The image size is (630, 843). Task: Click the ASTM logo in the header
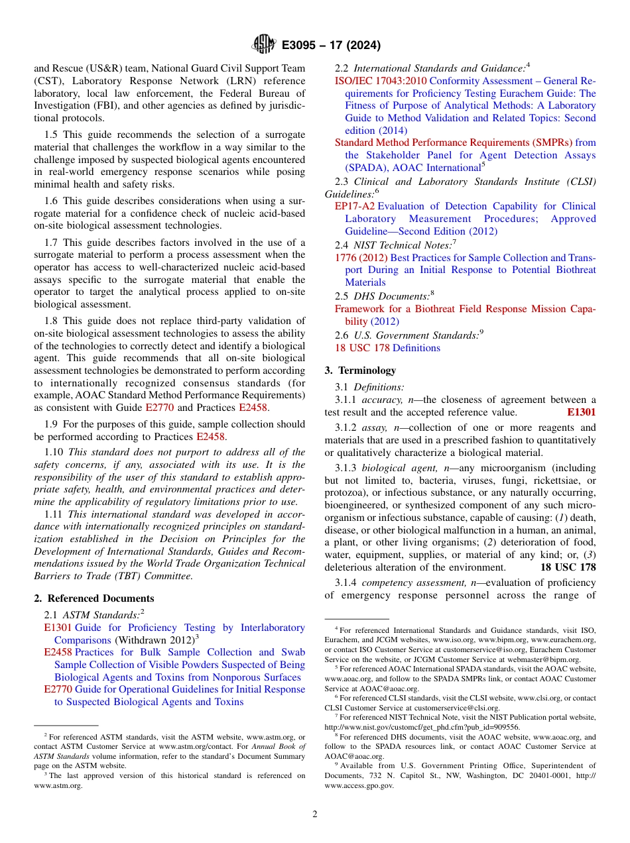pyautogui.click(x=264, y=45)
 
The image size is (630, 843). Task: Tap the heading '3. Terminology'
pyautogui.click(x=360, y=370)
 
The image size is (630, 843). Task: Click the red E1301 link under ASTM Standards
pyautogui.click(x=58, y=628)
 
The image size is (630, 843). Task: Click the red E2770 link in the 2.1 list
pyautogui.click(x=58, y=689)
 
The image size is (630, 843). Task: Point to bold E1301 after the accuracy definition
pyautogui.click(x=581, y=412)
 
